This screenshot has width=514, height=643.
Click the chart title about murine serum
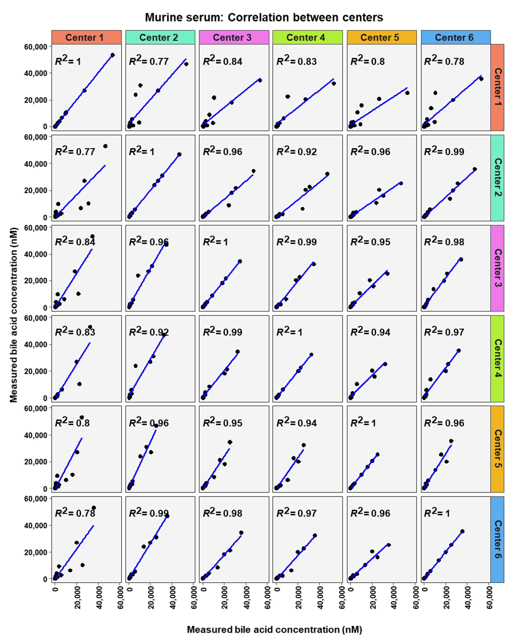click(264, 17)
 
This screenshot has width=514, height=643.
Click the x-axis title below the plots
click(274, 629)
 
